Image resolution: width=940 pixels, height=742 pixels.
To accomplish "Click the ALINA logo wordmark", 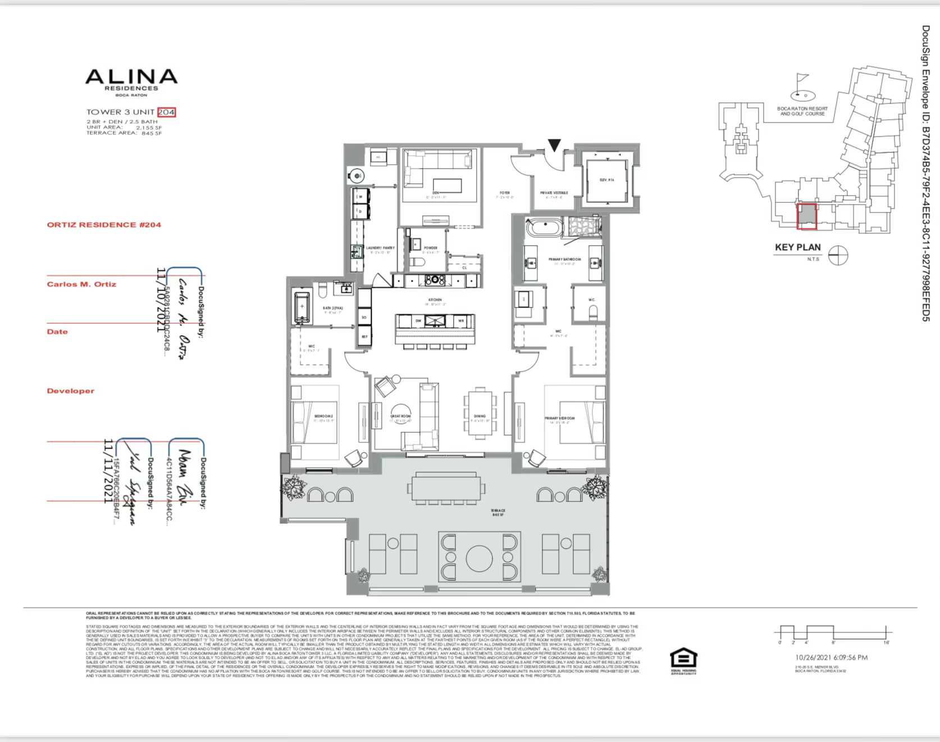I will tap(131, 77).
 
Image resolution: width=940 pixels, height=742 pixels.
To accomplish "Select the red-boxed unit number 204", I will tap(166, 112).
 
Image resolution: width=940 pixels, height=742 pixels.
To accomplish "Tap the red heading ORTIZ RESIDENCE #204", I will tap(104, 225).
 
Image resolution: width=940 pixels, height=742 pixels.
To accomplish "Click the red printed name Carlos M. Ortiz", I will tap(81, 284).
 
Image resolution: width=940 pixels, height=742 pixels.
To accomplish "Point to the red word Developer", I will tap(70, 391).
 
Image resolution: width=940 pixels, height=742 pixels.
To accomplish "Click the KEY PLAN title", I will tap(797, 247).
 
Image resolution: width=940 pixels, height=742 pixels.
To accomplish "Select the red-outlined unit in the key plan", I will tap(807, 216).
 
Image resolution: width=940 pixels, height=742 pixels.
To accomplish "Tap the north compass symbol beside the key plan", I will tap(838, 255).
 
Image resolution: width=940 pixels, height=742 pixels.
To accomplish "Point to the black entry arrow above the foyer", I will tap(554, 146).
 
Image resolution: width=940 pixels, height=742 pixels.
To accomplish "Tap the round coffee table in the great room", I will tap(401, 415).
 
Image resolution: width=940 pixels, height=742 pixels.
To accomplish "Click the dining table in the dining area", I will tap(480, 413).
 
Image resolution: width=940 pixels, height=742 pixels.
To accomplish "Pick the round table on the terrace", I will tap(479, 557).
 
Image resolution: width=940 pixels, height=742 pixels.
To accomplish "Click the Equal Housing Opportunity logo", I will tap(683, 661).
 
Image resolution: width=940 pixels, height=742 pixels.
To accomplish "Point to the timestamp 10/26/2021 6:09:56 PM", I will tap(831, 657).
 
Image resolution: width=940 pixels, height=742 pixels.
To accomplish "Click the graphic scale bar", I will tap(833, 632).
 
